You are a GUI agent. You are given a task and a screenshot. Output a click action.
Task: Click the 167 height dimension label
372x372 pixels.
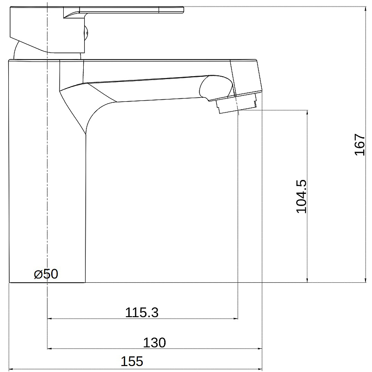[359, 145]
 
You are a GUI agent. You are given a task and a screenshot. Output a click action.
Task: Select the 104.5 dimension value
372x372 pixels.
[301, 196]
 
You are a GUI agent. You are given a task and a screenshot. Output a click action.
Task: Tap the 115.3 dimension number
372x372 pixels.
[142, 312]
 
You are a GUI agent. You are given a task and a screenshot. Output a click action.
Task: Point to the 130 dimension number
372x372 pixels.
[154, 343]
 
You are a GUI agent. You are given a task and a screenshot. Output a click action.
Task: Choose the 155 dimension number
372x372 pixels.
[132, 361]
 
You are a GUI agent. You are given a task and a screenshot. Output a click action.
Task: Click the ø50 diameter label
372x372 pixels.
[46, 274]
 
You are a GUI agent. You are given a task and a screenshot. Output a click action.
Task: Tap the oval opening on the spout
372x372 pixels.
[216, 87]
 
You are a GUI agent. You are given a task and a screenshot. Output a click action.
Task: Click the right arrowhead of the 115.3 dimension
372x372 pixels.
[236, 319]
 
